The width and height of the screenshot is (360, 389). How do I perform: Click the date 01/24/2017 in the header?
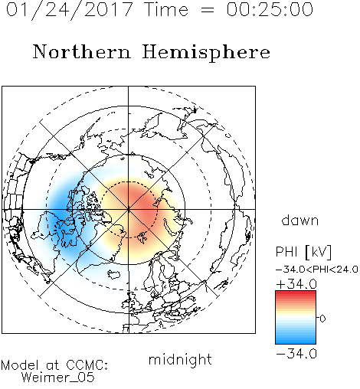pyautogui.click(x=70, y=10)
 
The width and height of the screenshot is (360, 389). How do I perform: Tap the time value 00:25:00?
pyautogui.click(x=270, y=9)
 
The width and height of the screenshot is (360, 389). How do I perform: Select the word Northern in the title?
pyautogui.click(x=82, y=52)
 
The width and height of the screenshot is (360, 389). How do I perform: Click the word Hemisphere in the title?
pyautogui.click(x=206, y=53)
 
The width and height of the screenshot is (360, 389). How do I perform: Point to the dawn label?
pyautogui.click(x=300, y=220)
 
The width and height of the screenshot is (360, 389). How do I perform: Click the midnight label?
pyautogui.click(x=180, y=360)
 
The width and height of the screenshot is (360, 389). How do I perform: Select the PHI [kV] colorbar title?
pyautogui.click(x=303, y=252)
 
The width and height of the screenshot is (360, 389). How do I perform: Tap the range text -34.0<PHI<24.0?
pyautogui.click(x=317, y=270)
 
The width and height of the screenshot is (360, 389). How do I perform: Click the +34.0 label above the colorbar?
pyautogui.click(x=296, y=284)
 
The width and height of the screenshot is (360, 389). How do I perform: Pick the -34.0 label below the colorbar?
pyautogui.click(x=296, y=354)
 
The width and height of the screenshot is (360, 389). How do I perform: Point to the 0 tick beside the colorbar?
pyautogui.click(x=322, y=319)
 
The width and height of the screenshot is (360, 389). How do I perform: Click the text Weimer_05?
pyautogui.click(x=58, y=378)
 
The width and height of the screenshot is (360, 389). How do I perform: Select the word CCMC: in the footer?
pyautogui.click(x=87, y=365)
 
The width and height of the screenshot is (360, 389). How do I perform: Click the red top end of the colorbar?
pyautogui.click(x=296, y=293)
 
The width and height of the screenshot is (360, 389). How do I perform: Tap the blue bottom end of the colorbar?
pyautogui.click(x=296, y=342)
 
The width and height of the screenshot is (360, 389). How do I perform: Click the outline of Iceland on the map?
pyautogui.click(x=114, y=274)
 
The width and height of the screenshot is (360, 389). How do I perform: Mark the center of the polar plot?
pyautogui.click(x=129, y=209)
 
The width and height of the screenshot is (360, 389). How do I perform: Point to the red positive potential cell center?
pyautogui.click(x=140, y=204)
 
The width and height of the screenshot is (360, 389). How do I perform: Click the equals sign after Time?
pyautogui.click(x=208, y=10)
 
